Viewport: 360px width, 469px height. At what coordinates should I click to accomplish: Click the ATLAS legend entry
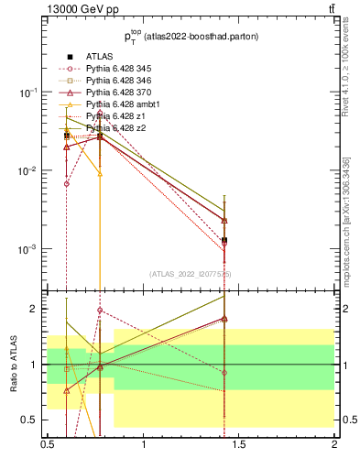coord(100,57)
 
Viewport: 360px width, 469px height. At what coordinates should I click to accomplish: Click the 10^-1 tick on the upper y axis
coord(29,93)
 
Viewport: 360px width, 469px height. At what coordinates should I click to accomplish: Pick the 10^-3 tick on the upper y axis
coord(29,250)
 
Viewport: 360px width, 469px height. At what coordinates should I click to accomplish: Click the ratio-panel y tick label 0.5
coord(31,420)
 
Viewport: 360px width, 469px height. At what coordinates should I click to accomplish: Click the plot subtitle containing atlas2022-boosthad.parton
coord(191,38)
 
